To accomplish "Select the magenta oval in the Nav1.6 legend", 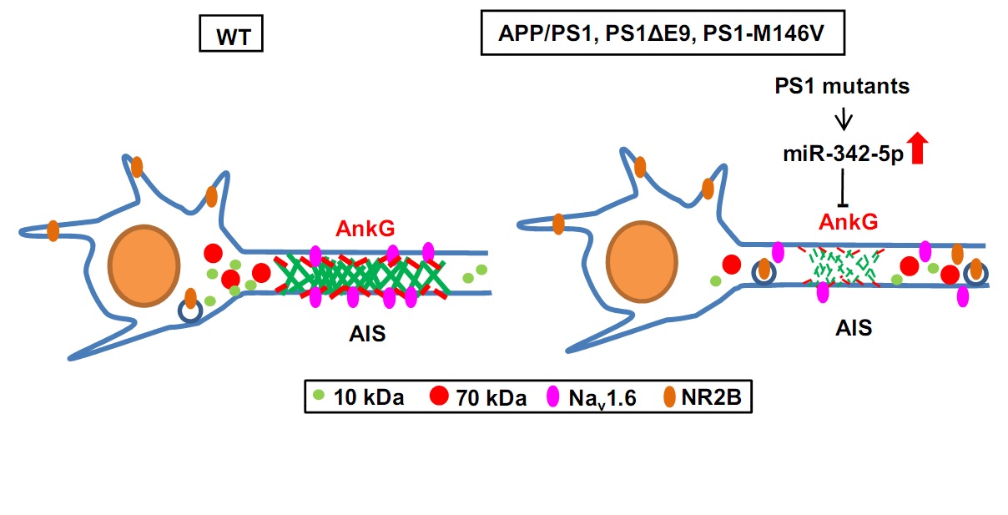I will (x=551, y=398).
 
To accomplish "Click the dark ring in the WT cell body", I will (x=190, y=311).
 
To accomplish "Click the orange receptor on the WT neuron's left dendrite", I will (x=53, y=230).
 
